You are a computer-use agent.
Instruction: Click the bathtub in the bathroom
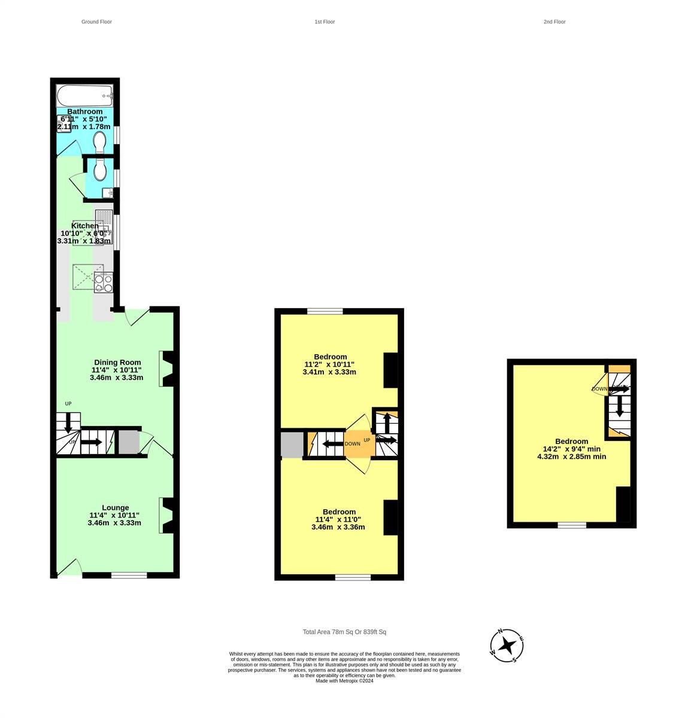tap(84, 95)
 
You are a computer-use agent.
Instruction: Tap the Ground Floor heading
tap(96, 22)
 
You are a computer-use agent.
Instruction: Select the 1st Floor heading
tap(325, 22)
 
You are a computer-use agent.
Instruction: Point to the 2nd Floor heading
tap(554, 22)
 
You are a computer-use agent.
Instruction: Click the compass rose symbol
tap(507, 646)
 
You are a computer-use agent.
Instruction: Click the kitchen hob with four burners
tap(103, 282)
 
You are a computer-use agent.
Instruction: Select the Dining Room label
tap(117, 362)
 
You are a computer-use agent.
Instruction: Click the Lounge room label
tap(115, 507)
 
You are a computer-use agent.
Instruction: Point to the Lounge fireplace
tap(168, 515)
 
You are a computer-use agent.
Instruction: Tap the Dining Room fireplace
tap(168, 369)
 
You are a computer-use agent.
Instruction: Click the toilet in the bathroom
tap(100, 141)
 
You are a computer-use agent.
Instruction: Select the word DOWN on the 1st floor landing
tap(353, 444)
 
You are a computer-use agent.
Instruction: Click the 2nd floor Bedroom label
tap(571, 442)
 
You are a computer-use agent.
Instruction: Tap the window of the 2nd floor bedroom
tap(572, 525)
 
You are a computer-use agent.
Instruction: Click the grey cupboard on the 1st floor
tap(292, 445)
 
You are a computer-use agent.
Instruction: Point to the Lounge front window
tap(129, 575)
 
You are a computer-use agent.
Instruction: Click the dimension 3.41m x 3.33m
tap(329, 372)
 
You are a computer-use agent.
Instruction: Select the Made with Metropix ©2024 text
tap(344, 680)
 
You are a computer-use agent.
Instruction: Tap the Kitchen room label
tap(84, 226)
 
